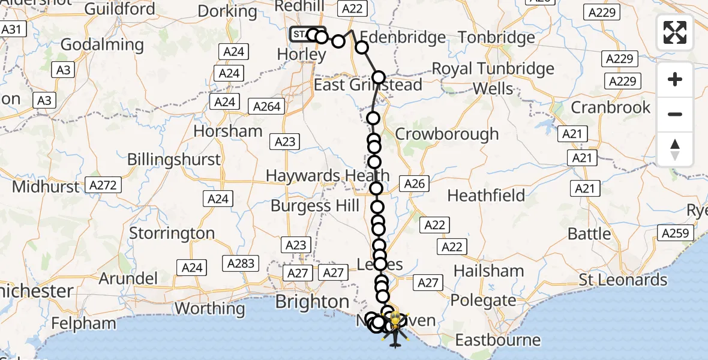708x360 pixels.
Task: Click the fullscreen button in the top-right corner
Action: coord(675,32)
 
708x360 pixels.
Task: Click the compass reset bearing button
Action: coord(675,149)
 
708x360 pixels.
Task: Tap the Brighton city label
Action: coord(312,301)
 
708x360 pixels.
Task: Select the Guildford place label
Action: coord(120,9)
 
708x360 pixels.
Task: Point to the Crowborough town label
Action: coord(447,134)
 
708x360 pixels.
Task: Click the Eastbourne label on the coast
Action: coord(497,340)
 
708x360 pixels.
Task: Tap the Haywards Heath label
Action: coord(328,176)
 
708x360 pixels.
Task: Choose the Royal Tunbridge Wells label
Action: coord(493,79)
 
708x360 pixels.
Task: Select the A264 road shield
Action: coord(267,106)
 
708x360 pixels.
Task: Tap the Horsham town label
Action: coord(229,131)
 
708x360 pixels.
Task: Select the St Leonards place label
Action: coord(623,280)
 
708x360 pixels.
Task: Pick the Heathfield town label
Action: coord(486,196)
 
